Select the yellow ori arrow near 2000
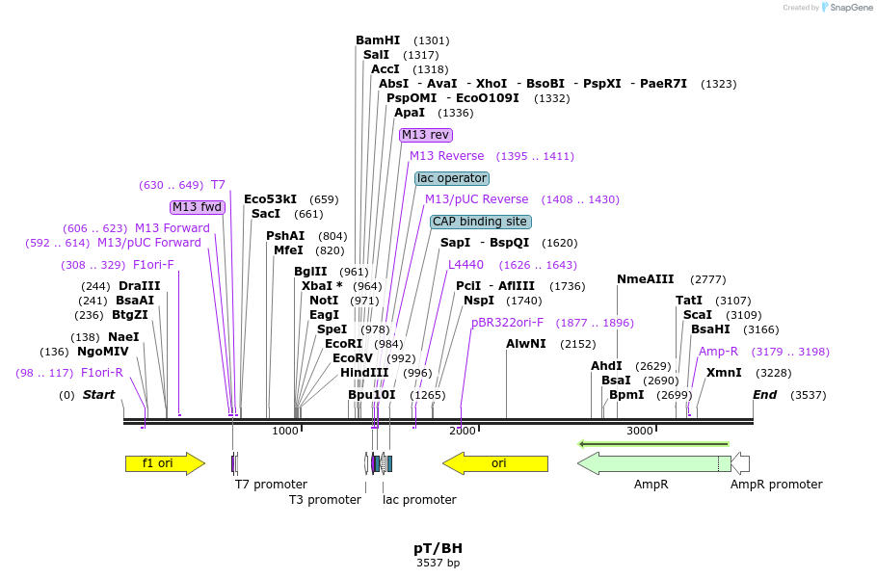(x=494, y=463)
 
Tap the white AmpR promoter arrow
(x=740, y=463)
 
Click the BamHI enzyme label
(x=378, y=40)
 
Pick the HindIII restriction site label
(x=364, y=373)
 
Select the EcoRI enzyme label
(x=344, y=344)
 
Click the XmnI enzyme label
(x=724, y=373)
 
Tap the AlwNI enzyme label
(x=526, y=344)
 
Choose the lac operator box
(x=452, y=178)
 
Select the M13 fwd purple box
(x=198, y=207)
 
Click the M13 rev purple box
(x=426, y=135)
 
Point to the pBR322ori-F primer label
(x=507, y=323)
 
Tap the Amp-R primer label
(x=718, y=352)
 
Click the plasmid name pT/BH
(x=438, y=548)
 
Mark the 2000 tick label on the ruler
(x=462, y=431)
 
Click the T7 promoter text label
(x=271, y=485)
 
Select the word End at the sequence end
(x=764, y=395)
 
